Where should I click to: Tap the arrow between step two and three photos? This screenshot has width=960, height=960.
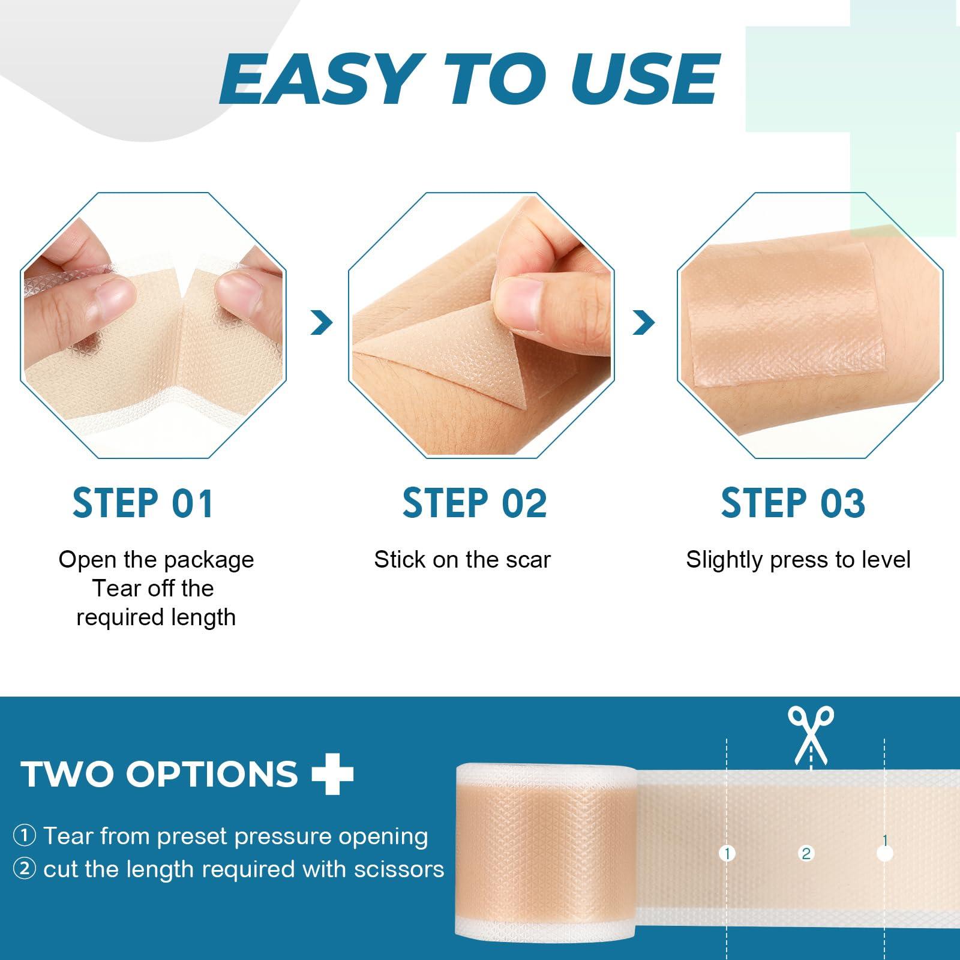(644, 323)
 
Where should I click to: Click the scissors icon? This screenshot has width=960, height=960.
(811, 735)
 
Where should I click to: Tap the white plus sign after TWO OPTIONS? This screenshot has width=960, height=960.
(333, 773)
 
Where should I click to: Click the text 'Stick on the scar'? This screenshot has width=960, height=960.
(462, 560)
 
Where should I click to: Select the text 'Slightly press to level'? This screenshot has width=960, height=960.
(798, 560)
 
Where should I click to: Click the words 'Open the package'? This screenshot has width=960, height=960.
(156, 560)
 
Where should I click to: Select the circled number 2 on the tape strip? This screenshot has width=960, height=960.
(806, 853)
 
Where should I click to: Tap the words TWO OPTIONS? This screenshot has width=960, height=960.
(159, 773)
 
